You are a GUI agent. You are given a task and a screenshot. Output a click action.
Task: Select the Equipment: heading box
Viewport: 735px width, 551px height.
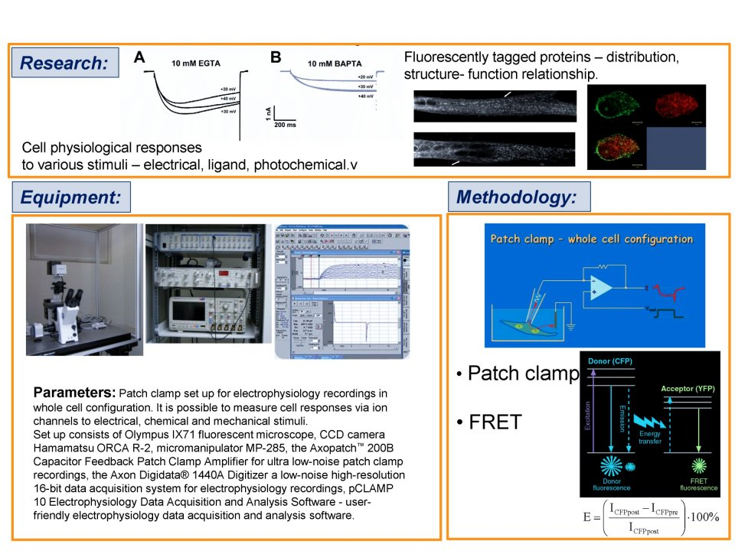pyautogui.click(x=70, y=197)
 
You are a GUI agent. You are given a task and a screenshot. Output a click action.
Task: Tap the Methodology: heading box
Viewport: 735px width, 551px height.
pyautogui.click(x=519, y=197)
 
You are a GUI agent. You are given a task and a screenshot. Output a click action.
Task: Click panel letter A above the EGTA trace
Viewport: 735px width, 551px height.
pyautogui.click(x=139, y=57)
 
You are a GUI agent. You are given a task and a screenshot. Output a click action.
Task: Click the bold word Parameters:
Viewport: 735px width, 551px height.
pyautogui.click(x=74, y=393)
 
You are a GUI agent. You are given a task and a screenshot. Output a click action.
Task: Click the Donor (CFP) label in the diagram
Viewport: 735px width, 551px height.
pyautogui.click(x=609, y=360)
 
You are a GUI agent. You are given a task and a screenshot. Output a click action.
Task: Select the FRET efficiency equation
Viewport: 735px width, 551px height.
pyautogui.click(x=651, y=518)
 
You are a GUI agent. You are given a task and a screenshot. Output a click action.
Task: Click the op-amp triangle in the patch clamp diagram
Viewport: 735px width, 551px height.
pyautogui.click(x=604, y=285)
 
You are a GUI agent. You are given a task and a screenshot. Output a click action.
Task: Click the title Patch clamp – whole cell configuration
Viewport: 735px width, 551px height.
pyautogui.click(x=591, y=239)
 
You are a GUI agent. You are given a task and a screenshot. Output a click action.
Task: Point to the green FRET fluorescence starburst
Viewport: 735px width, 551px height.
pyautogui.click(x=697, y=467)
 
